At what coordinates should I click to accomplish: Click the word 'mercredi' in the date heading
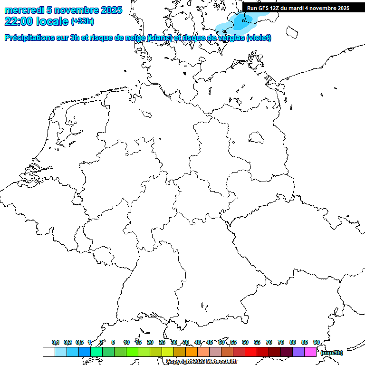click(24, 10)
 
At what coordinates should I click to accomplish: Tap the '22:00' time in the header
click(19, 21)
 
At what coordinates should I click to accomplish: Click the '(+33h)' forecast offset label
click(82, 21)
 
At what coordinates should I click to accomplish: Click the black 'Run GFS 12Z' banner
click(298, 8)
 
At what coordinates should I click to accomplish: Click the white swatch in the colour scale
click(49, 352)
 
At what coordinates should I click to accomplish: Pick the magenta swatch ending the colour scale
click(310, 352)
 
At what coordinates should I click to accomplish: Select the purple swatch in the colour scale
click(298, 352)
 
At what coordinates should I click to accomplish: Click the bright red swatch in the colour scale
click(251, 352)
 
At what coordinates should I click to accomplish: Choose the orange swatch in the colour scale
click(192, 352)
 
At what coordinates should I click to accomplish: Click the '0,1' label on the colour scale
click(56, 342)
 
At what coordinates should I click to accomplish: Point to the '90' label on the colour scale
click(317, 342)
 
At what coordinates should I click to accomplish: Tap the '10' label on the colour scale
click(126, 342)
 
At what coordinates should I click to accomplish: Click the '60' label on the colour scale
click(245, 342)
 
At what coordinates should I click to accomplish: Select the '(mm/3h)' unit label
click(332, 353)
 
